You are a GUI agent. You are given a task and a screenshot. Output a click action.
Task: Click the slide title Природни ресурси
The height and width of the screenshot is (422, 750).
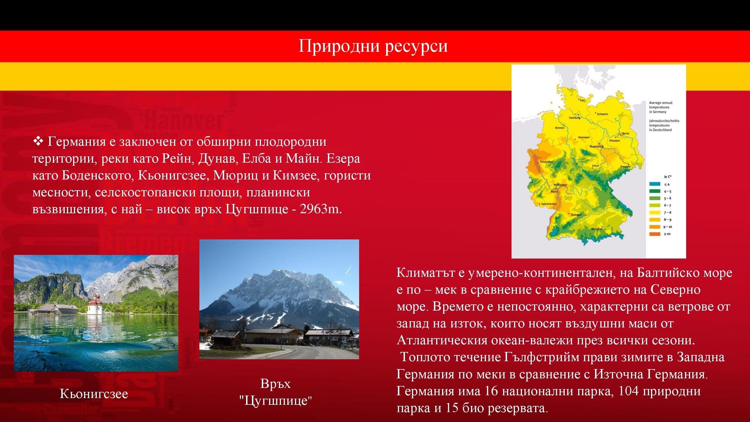(x=373, y=46)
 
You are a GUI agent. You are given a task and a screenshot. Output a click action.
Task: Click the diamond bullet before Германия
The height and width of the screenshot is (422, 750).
(x=38, y=141)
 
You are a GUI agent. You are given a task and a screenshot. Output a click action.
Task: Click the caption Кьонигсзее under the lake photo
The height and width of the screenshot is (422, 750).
(x=94, y=394)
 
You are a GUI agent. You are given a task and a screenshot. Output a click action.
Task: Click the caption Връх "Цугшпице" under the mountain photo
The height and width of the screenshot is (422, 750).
(x=276, y=392)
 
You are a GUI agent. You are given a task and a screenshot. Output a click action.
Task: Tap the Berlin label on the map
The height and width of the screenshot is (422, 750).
(x=626, y=134)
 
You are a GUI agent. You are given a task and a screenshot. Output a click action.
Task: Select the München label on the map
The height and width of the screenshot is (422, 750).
(x=597, y=229)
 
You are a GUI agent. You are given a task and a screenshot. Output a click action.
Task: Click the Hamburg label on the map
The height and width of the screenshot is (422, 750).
(x=574, y=118)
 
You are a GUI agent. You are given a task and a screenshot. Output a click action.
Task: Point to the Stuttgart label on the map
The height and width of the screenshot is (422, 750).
(x=576, y=215)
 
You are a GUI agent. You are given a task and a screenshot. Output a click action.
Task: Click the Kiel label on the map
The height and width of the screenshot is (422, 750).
(x=582, y=100)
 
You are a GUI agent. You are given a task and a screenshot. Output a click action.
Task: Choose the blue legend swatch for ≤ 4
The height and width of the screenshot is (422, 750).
(x=655, y=184)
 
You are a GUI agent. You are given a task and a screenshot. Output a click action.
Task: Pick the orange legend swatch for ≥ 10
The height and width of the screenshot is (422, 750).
(x=655, y=234)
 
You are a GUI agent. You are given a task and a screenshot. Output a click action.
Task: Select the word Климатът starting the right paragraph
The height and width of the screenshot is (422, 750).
(x=426, y=273)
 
